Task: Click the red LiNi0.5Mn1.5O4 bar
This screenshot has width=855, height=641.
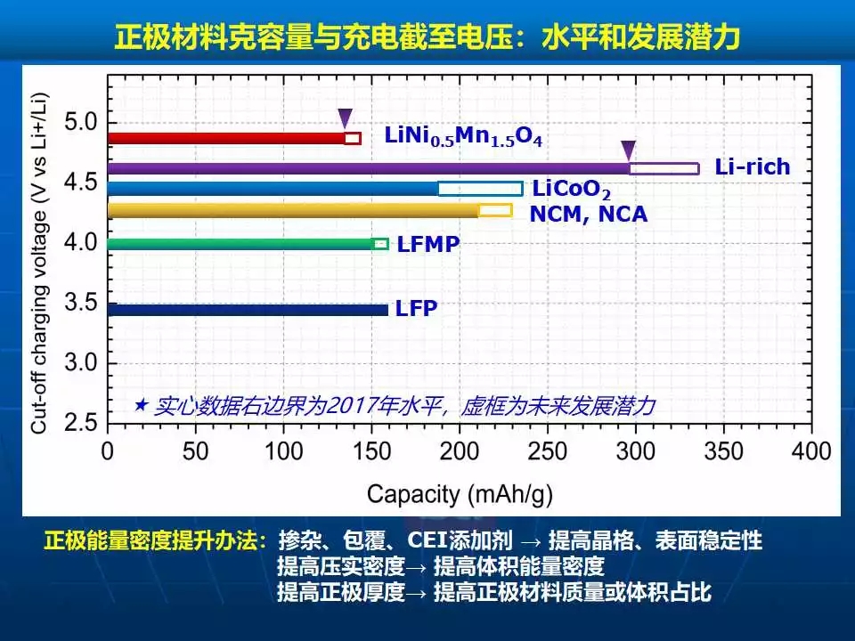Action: pyautogui.click(x=226, y=138)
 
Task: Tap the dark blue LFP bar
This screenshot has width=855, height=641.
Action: pyautogui.click(x=248, y=310)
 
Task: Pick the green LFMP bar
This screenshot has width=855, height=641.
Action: pyautogui.click(x=240, y=244)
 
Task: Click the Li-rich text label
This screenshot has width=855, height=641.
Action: pyautogui.click(x=753, y=167)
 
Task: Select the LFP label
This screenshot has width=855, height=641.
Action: pyautogui.click(x=417, y=310)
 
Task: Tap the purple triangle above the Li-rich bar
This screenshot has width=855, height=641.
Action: pyautogui.click(x=629, y=149)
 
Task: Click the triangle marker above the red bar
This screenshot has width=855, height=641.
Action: pyautogui.click(x=346, y=118)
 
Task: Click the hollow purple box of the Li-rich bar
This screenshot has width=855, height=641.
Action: pyautogui.click(x=664, y=168)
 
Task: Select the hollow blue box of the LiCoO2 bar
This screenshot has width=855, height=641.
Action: pyautogui.click(x=480, y=189)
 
